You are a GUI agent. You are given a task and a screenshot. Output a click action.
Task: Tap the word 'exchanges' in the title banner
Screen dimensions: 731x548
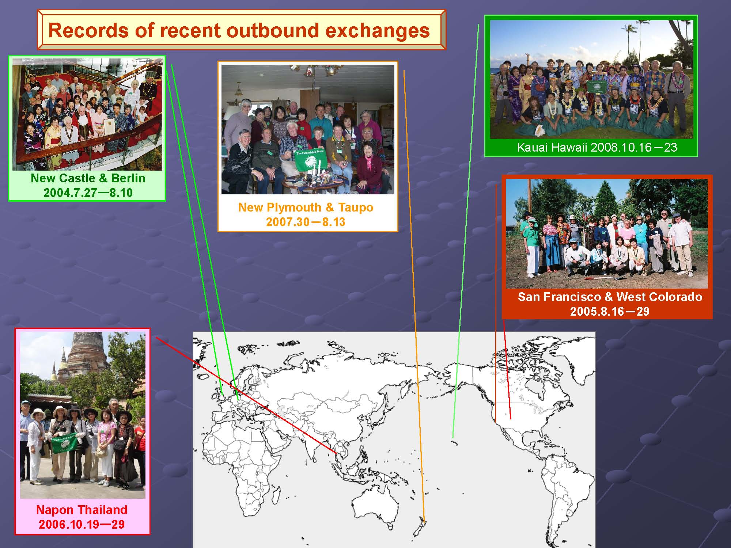[x=377, y=31]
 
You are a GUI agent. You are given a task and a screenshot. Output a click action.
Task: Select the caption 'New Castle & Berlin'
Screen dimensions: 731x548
[x=88, y=178]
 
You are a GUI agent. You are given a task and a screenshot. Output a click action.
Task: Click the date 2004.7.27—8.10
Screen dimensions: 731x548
[x=88, y=193]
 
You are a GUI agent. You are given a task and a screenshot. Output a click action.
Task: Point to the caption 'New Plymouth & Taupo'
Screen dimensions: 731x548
[x=306, y=208]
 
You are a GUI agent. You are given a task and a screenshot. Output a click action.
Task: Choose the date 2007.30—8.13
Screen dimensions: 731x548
[x=306, y=222]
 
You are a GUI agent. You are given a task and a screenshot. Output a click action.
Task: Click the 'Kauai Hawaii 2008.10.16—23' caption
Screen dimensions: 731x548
[x=597, y=148]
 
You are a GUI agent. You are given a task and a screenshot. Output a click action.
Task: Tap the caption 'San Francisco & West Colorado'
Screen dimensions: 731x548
[x=610, y=297]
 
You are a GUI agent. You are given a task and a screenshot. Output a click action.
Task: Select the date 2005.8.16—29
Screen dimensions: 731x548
[x=610, y=311]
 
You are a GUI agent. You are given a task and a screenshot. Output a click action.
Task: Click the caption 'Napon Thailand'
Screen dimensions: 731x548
[x=82, y=510]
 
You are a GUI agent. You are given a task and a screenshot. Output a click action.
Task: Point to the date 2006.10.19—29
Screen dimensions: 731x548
[x=82, y=525]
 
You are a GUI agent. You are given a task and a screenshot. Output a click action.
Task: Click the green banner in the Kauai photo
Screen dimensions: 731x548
[x=598, y=87]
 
